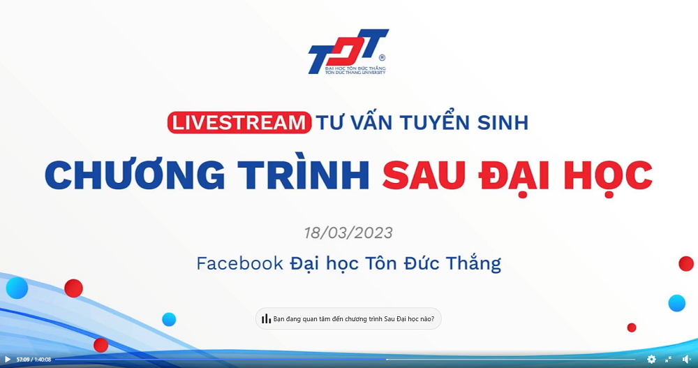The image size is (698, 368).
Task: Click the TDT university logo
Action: point(348,52)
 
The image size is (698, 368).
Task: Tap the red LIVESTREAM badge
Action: point(239,122)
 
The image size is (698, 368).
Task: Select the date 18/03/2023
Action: point(348,233)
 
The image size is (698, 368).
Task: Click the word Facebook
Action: point(239,263)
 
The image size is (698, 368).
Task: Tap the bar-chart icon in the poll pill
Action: point(266,318)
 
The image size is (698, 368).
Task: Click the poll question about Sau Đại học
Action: point(353,319)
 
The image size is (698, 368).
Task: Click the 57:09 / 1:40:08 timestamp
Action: point(34,360)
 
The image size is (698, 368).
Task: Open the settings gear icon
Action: point(651,359)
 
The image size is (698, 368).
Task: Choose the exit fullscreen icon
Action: point(668,359)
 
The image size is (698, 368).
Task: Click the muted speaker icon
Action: point(686,359)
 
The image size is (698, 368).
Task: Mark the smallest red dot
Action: point(631,328)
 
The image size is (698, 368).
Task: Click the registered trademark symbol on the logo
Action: point(382,57)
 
